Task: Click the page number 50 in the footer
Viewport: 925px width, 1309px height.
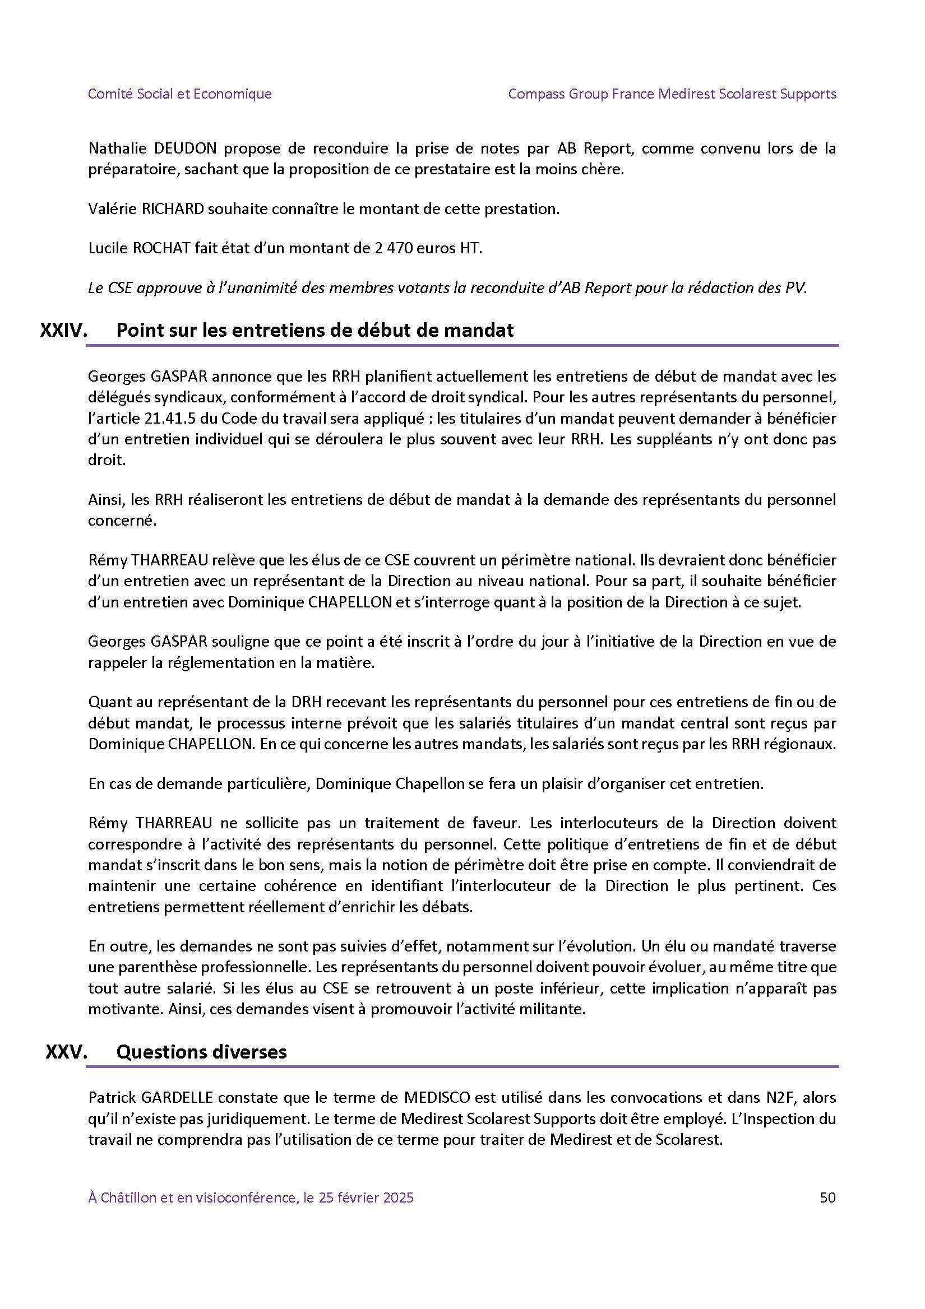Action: click(827, 1181)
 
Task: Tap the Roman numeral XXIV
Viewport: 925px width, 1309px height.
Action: click(63, 330)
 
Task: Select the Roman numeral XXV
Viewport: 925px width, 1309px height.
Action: click(66, 1052)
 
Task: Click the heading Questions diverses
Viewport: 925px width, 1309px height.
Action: click(201, 1052)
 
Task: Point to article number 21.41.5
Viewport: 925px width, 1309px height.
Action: click(178, 419)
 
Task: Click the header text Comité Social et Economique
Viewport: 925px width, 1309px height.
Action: click(179, 94)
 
